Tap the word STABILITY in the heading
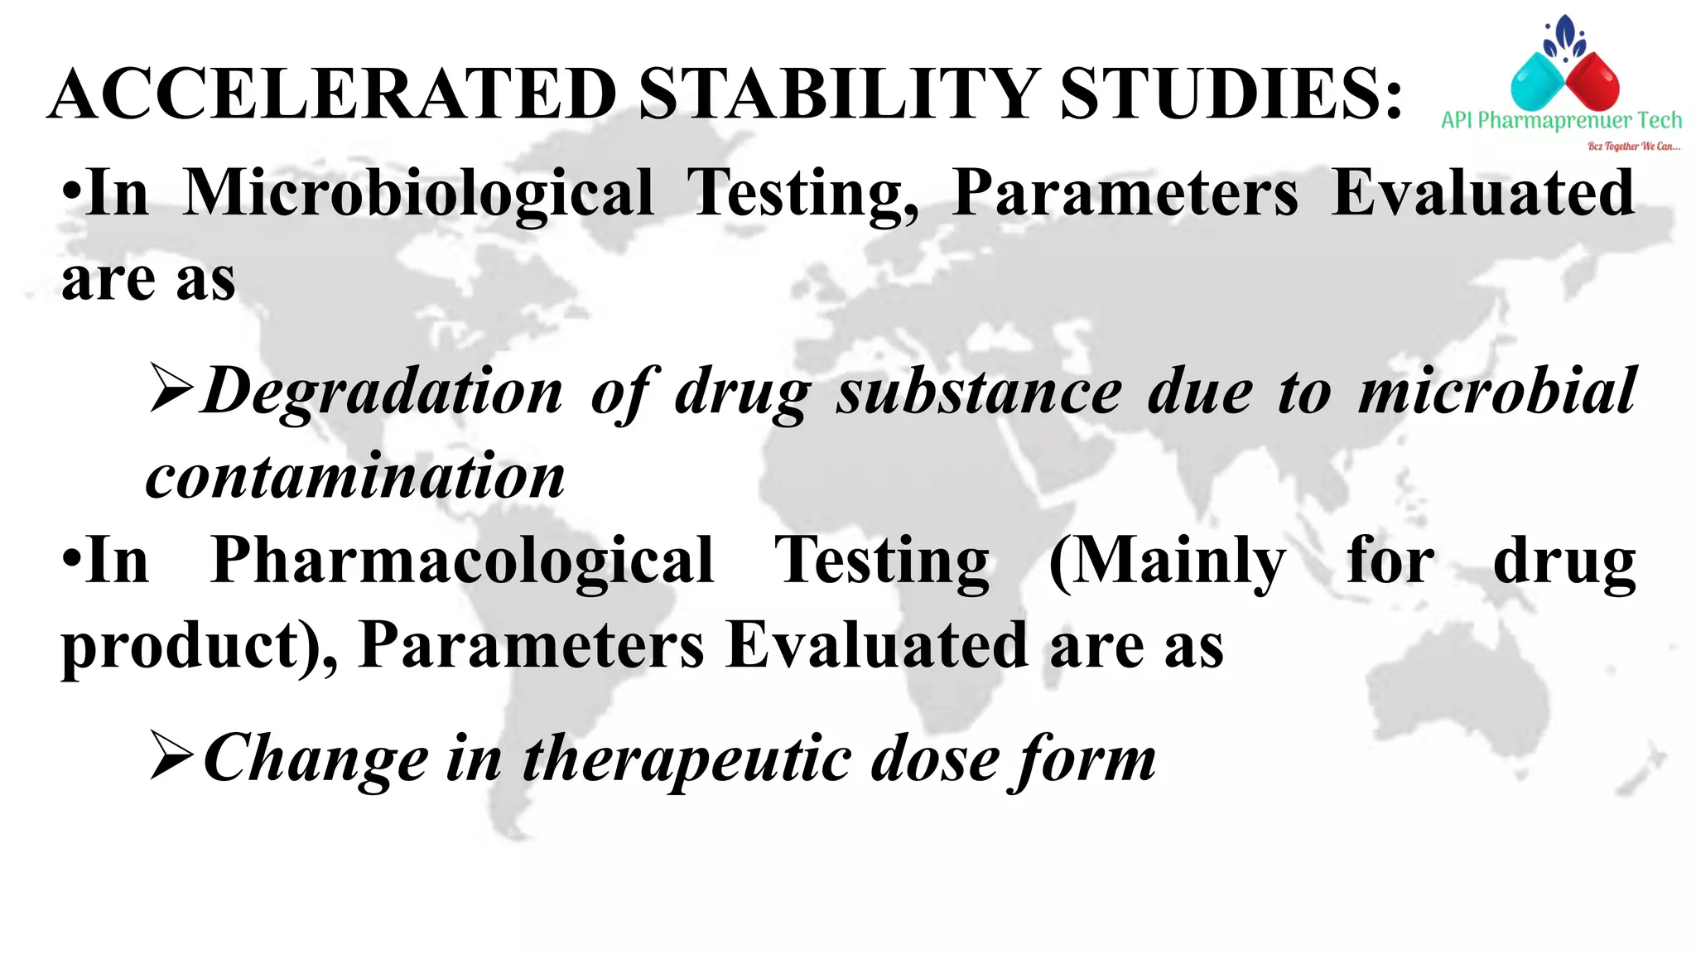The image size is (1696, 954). click(x=839, y=94)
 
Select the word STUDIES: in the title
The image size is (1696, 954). click(x=1231, y=94)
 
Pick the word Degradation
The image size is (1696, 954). click(x=383, y=392)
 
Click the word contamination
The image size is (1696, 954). click(x=355, y=477)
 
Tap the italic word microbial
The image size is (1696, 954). click(x=1497, y=390)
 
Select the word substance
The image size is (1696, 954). click(x=979, y=392)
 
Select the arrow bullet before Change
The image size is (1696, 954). click(x=171, y=755)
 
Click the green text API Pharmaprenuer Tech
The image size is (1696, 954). click(x=1561, y=121)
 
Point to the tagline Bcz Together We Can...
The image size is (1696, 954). click(x=1633, y=147)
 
